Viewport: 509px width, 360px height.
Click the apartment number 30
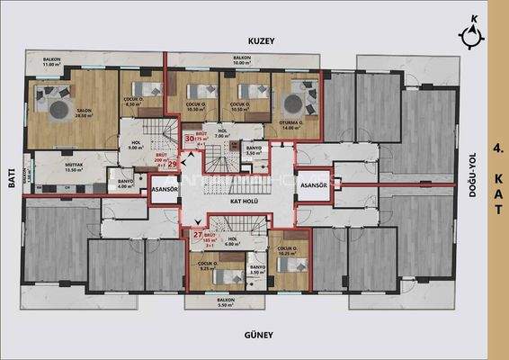[x=190, y=139]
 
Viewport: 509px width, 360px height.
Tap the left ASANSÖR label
[x=165, y=190]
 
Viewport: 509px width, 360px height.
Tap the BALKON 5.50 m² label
[x=227, y=302]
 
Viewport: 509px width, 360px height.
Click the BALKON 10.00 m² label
[x=241, y=60]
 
